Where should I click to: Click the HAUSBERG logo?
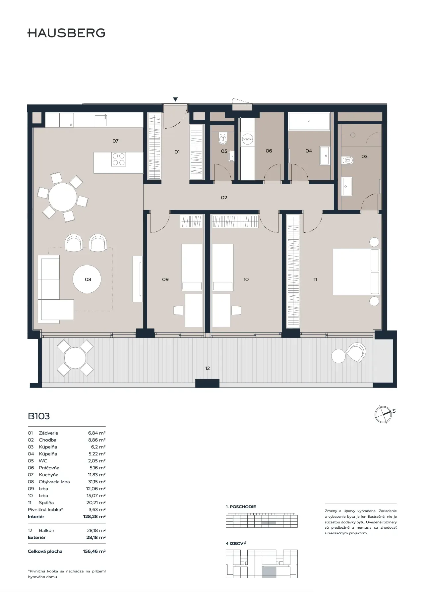coord(66,33)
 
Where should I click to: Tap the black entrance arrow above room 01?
coord(175,99)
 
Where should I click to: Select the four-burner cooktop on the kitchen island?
coord(119,159)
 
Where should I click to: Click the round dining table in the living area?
coord(63,197)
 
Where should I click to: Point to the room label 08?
coord(88,279)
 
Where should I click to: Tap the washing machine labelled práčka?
coord(248,139)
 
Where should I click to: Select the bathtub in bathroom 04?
coord(309,121)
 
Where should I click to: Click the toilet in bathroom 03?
coord(348,160)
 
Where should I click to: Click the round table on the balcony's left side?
coord(75,358)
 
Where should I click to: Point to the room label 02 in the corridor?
coord(224,198)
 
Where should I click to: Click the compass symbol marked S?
coord(383,414)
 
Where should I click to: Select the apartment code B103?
coord(39,416)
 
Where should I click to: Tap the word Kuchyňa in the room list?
coord(48,475)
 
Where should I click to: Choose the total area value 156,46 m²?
coord(94,551)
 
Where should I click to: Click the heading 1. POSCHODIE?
coord(241,506)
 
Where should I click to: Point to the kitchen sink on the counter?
coord(101,120)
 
